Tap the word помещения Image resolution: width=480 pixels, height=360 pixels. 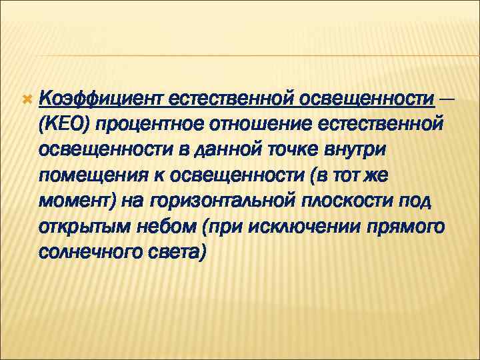89,175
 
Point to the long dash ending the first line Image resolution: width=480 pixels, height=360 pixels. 448,99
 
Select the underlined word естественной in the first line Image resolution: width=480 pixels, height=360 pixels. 229,99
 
